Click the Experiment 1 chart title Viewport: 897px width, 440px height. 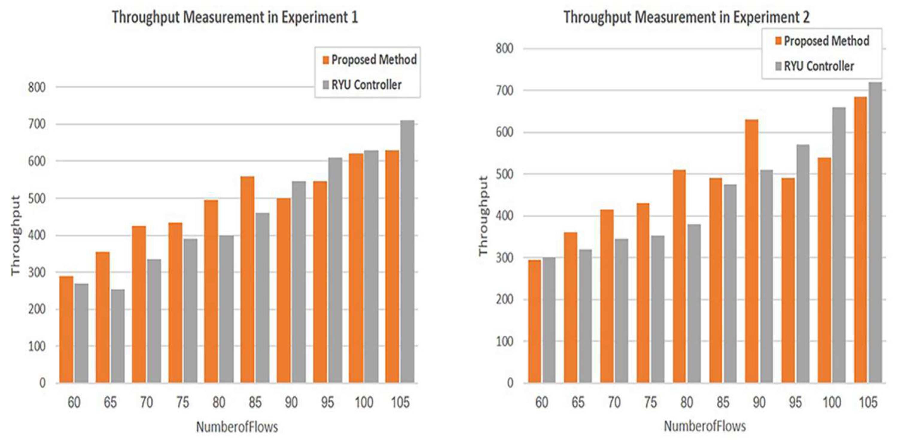coord(235,17)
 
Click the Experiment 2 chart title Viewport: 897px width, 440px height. coord(686,17)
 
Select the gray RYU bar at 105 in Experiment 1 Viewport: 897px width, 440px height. coord(407,252)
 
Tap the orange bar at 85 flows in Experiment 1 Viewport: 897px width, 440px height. coord(247,279)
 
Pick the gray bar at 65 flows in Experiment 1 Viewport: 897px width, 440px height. coord(117,336)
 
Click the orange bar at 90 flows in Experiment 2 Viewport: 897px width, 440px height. coord(751,251)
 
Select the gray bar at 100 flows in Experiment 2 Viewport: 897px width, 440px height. coord(839,245)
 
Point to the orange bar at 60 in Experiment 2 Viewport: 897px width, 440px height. coord(534,321)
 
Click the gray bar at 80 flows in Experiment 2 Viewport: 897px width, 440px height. coord(694,303)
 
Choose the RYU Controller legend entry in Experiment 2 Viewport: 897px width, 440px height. coord(814,66)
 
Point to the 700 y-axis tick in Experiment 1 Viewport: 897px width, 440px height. coord(37,124)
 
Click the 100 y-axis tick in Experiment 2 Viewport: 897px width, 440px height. coord(505,341)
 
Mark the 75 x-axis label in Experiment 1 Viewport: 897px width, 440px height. coord(182,403)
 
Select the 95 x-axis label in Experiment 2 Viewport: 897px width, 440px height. coord(795,403)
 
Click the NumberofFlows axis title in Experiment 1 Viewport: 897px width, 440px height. coord(237,427)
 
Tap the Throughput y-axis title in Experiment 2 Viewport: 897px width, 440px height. coord(483,216)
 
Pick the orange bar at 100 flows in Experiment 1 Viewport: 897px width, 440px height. coord(356,268)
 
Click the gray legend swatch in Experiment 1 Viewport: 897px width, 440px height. coord(326,85)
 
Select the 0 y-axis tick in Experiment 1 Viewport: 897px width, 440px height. coord(42,383)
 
